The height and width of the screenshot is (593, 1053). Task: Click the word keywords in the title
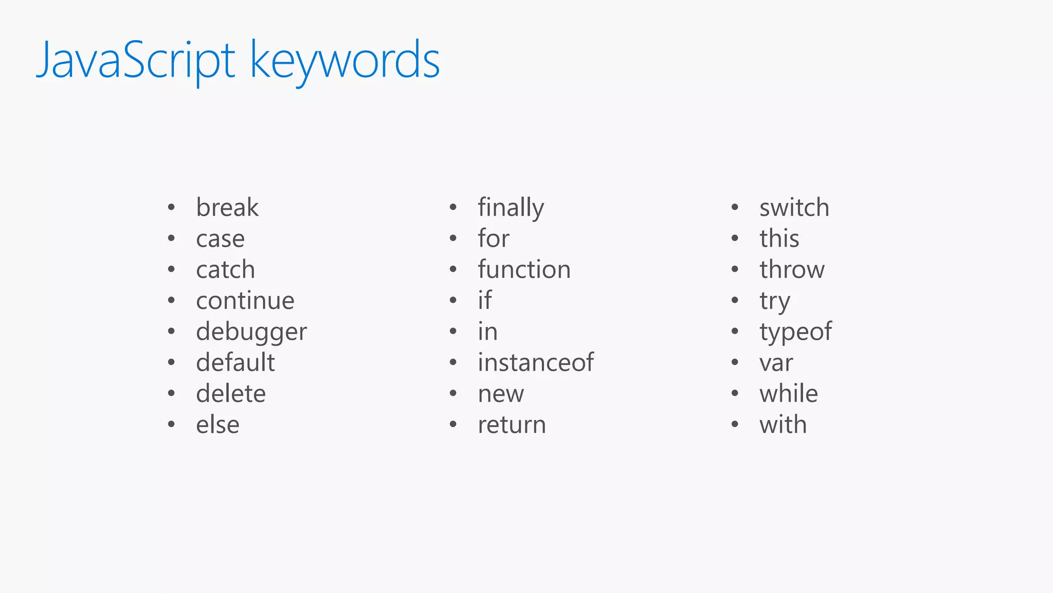pos(344,61)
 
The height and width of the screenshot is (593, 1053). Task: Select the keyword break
pos(227,207)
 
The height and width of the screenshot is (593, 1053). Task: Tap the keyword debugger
pos(251,332)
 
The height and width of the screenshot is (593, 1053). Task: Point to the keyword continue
pos(245,301)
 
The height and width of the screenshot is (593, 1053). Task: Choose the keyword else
pos(217,425)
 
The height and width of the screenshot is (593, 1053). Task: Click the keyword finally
pos(511,208)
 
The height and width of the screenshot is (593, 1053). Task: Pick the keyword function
pos(524,270)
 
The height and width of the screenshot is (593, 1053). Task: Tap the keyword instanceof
pos(536,362)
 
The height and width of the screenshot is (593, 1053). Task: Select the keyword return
pos(512,425)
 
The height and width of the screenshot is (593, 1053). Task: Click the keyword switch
pos(794,207)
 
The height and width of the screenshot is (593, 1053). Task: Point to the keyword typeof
pos(795,332)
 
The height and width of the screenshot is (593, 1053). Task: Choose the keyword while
pos(789,394)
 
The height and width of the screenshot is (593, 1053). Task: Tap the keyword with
pos(783,425)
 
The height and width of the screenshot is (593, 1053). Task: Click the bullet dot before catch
pos(171,269)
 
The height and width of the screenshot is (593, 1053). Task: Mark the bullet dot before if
pos(453,300)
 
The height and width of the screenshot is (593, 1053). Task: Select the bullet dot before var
pos(735,362)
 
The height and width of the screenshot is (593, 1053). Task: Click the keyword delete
pos(231,394)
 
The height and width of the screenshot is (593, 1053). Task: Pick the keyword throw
pos(792,270)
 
